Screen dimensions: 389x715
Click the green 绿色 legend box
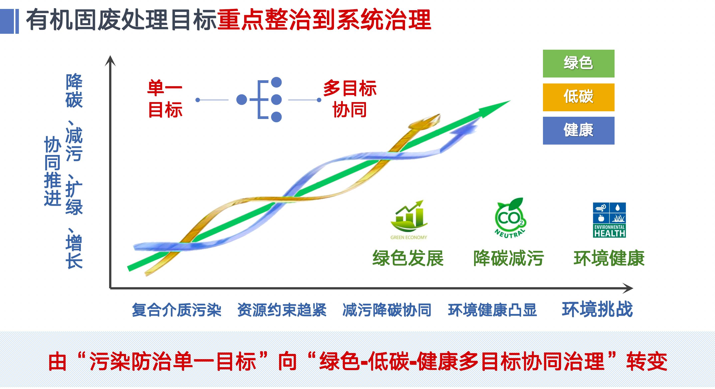coord(579,64)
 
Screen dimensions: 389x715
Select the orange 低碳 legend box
coord(579,97)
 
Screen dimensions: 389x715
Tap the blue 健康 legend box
coord(579,130)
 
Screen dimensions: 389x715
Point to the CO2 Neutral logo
coord(510,218)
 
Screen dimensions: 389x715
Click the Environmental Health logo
coord(609,220)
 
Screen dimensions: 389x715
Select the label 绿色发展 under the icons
coord(408,258)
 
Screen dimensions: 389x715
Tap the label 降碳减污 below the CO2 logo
coord(508,258)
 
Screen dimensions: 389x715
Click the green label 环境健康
coord(609,258)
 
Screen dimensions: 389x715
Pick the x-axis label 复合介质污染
coord(177,310)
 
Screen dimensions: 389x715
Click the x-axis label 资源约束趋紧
coord(282,310)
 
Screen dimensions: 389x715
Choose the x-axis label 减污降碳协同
coord(387,310)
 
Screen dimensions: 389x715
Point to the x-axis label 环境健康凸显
coord(492,310)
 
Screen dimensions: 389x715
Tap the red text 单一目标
coord(165,99)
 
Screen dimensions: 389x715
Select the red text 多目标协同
coord(350,99)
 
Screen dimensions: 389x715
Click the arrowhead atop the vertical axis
coord(110,60)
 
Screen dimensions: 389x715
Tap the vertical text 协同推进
coord(52,171)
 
